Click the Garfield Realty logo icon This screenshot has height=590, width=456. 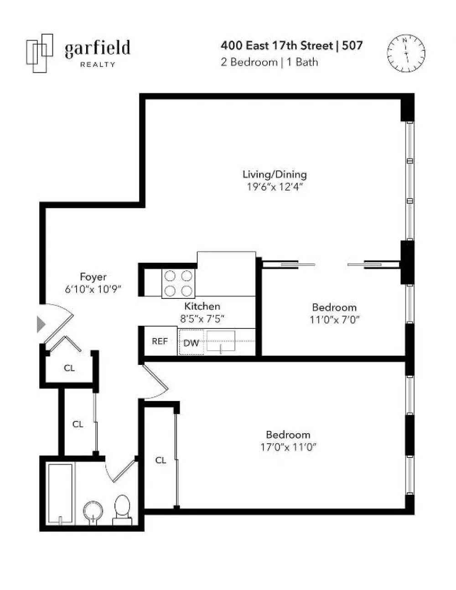pos(40,53)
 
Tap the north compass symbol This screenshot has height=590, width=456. pos(406,53)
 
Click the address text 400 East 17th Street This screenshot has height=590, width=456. pos(277,46)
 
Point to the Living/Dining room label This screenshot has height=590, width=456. pos(275,174)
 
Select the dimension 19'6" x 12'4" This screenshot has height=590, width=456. pos(275,187)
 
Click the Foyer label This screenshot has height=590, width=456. pos(93,277)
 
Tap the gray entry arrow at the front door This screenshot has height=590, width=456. pos(41,324)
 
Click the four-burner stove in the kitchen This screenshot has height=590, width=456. pos(178,283)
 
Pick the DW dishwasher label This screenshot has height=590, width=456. pos(191,343)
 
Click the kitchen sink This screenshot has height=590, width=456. pos(221,341)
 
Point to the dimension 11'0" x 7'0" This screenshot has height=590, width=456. pos(334,320)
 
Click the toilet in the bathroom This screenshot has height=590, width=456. pos(122,510)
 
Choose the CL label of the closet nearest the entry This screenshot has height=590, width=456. pos(69,368)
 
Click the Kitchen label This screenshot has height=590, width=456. pos(202,306)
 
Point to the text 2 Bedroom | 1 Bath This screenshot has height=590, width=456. pos(269,62)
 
